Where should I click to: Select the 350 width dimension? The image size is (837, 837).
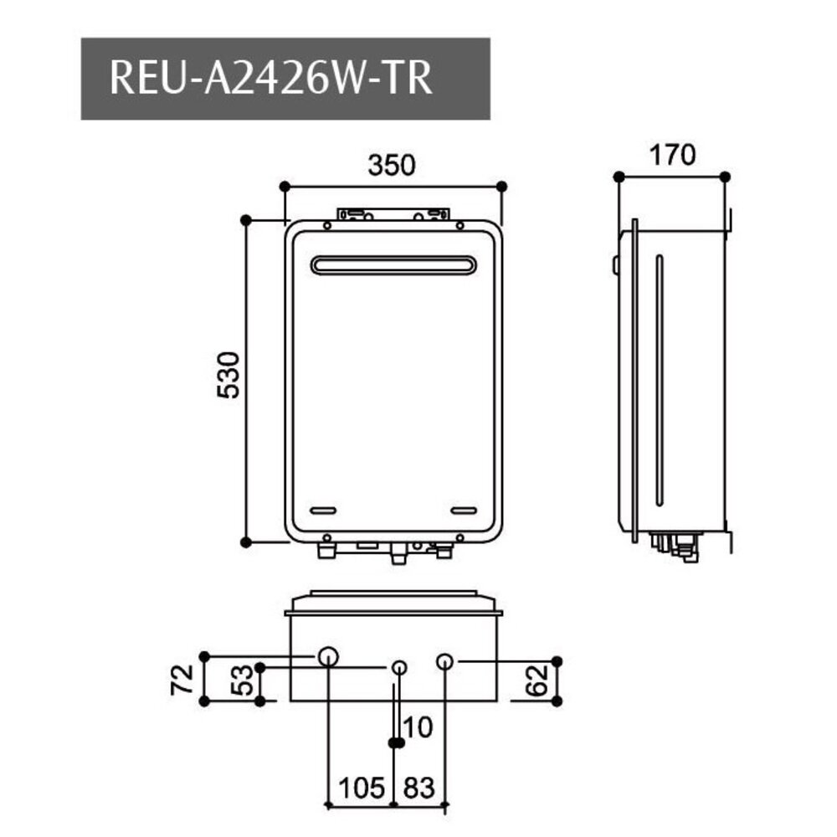pyautogui.click(x=392, y=165)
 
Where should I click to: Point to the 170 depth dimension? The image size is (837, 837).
pyautogui.click(x=671, y=155)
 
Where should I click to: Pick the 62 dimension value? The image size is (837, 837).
pyautogui.click(x=537, y=680)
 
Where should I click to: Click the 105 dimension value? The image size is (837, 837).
pyautogui.click(x=361, y=788)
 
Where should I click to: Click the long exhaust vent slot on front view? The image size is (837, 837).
pyautogui.click(x=393, y=264)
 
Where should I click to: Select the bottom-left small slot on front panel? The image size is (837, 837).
pyautogui.click(x=323, y=510)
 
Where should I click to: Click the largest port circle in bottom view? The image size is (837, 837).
pyautogui.click(x=328, y=656)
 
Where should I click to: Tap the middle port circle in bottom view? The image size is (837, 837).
pyautogui.click(x=400, y=667)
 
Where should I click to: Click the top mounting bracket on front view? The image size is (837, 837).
pyautogui.click(x=393, y=215)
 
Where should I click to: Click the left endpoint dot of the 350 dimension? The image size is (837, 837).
pyautogui.click(x=285, y=186)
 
